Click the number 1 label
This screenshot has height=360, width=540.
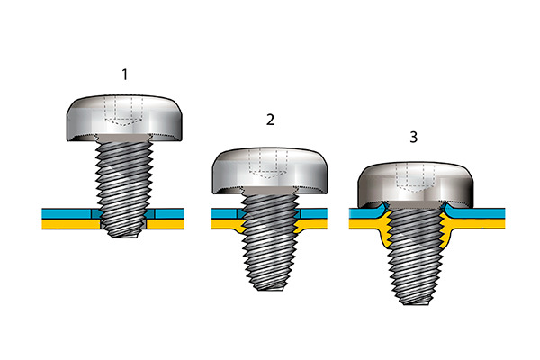click(125, 75)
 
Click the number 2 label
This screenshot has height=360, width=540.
click(270, 120)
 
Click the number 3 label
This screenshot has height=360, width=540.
click(414, 137)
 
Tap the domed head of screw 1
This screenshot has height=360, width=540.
click(124, 117)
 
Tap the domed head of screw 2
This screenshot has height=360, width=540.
click(270, 170)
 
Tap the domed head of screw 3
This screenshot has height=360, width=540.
click(416, 185)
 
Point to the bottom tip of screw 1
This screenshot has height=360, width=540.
click(123, 237)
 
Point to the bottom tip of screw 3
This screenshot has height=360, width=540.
click(416, 303)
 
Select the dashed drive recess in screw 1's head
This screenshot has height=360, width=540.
click(123, 111)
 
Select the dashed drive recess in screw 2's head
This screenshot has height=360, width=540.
click(268, 165)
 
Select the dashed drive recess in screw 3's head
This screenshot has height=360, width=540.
click(415, 178)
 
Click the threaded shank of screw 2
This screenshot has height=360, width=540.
click(270, 241)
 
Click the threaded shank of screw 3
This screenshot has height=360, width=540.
click(416, 255)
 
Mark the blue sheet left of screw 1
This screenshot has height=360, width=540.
click(67, 213)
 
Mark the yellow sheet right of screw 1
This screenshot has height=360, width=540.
click(166, 224)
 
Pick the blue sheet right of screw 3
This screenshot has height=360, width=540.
click(475, 213)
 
